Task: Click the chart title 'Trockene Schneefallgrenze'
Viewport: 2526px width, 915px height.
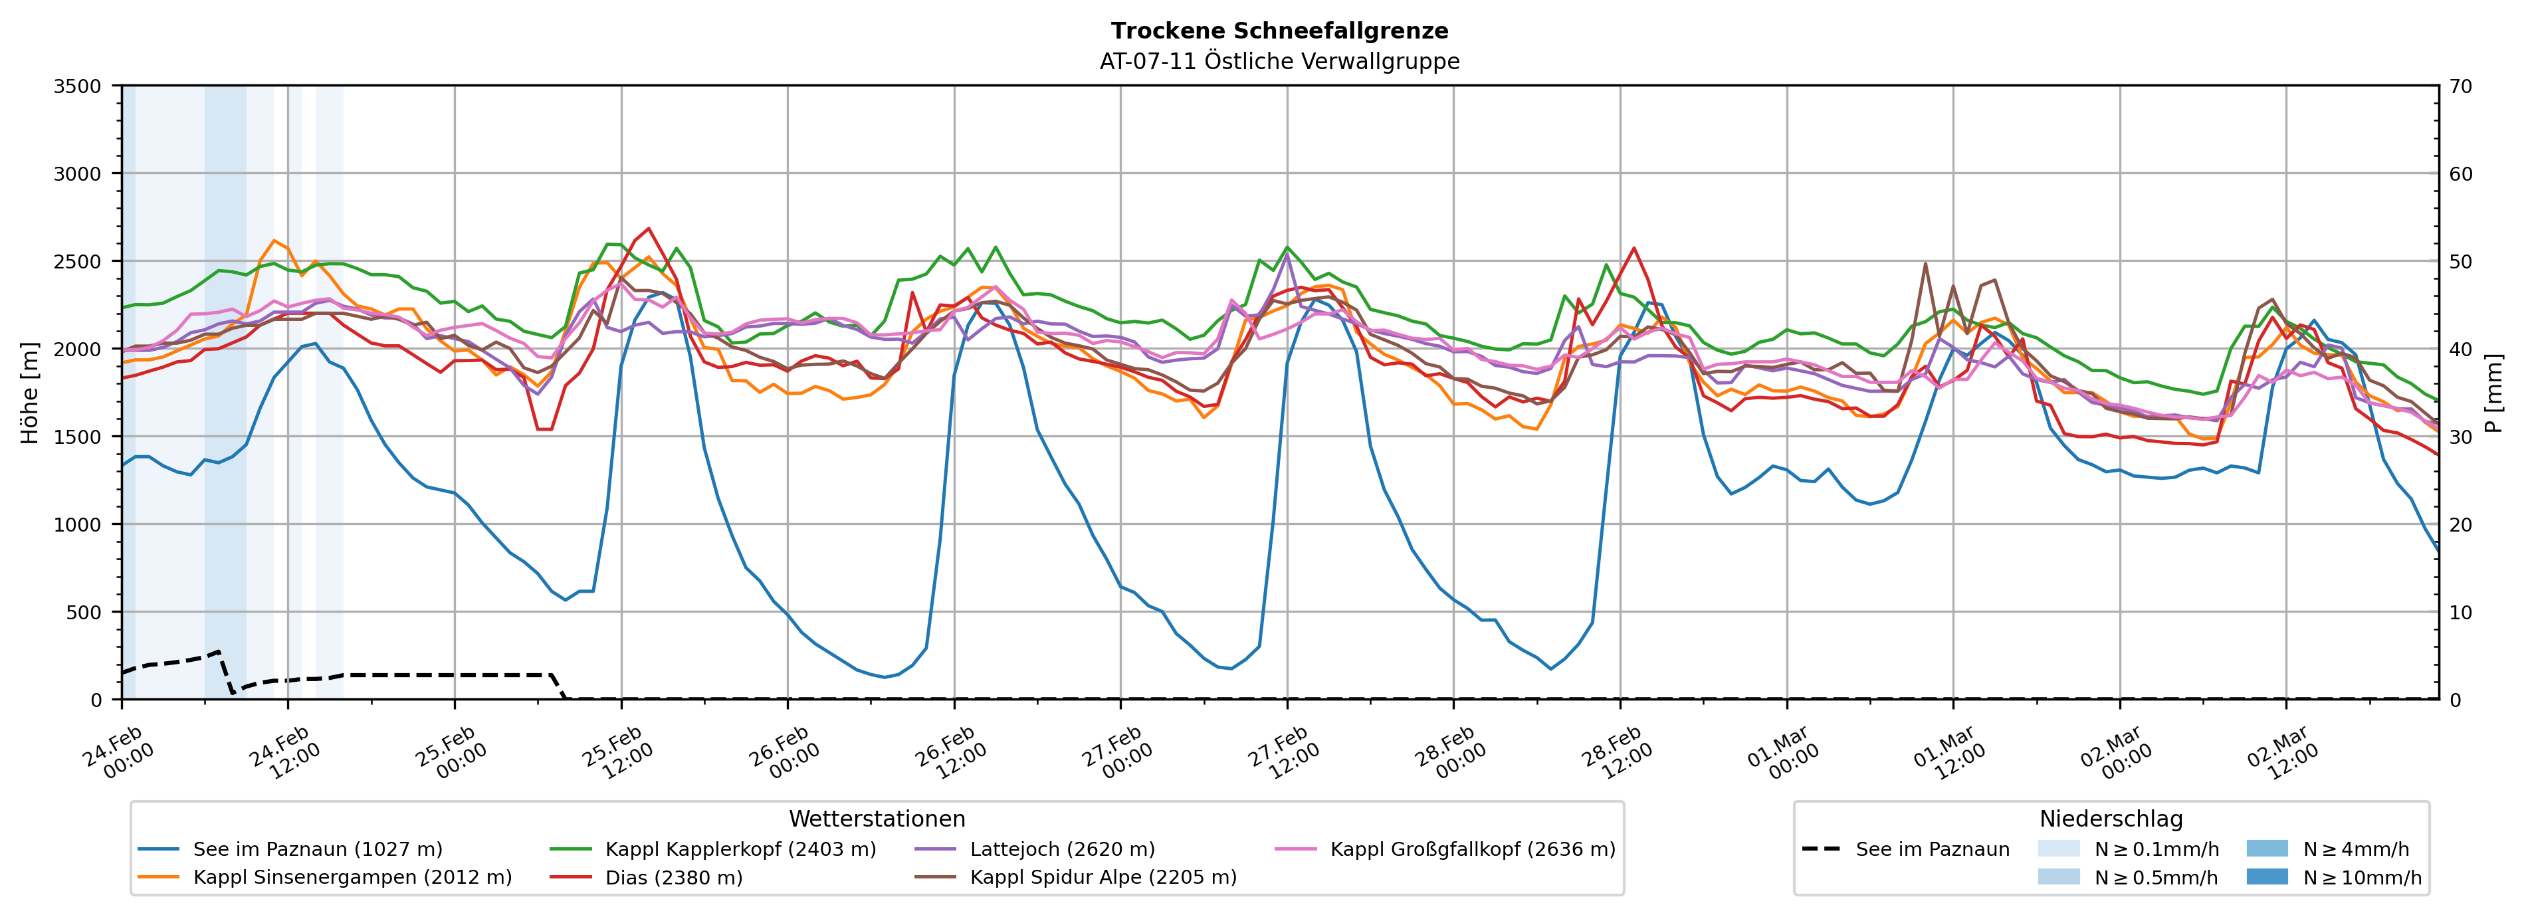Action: click(1279, 31)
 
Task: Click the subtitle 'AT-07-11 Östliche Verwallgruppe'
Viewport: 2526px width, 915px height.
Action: click(1279, 61)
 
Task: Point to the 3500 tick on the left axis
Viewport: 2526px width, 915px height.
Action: click(78, 86)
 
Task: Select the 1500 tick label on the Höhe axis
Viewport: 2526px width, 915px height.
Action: click(78, 437)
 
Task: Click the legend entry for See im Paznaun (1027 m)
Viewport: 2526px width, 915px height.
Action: click(317, 849)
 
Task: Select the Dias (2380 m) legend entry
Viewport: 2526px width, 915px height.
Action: click(674, 876)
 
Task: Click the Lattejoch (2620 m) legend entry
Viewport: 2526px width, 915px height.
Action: click(1062, 849)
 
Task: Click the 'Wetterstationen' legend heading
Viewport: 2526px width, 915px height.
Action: click(877, 819)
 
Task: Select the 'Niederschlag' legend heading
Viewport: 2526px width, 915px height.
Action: click(2110, 819)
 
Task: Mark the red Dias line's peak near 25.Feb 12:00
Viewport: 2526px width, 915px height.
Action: click(648, 229)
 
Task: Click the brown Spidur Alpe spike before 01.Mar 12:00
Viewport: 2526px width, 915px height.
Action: click(1925, 263)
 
